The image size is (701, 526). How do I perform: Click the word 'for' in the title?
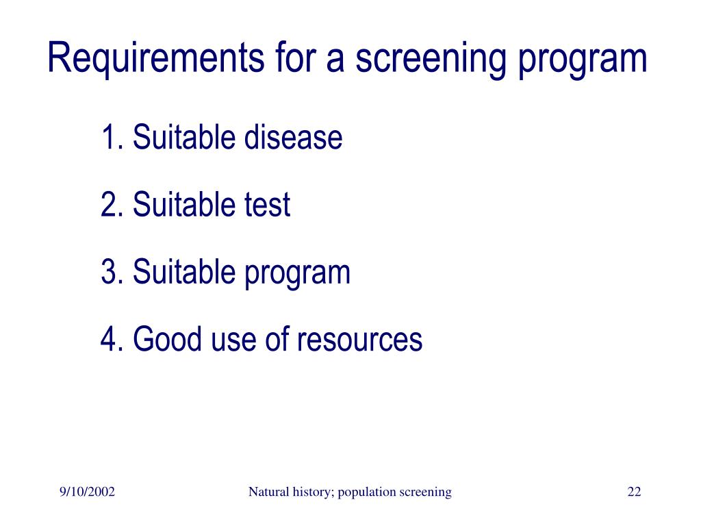coord(291,58)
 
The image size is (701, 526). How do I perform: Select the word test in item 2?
coord(267,205)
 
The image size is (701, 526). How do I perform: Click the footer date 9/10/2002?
coord(87,492)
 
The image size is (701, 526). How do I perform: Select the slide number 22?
coord(634,492)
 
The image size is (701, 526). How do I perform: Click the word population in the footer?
coord(366,492)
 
